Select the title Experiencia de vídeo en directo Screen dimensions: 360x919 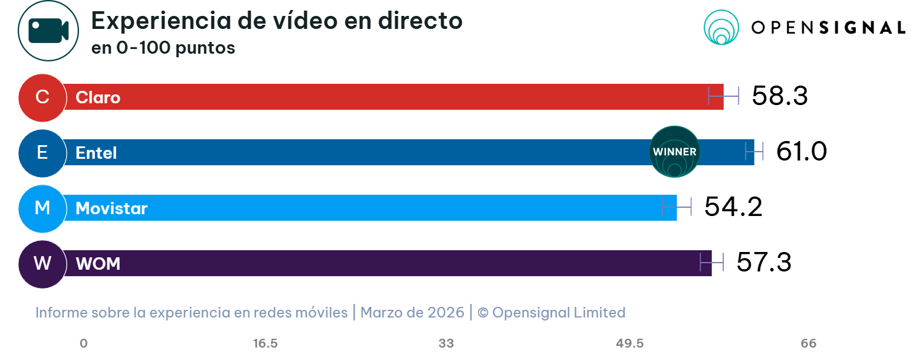(277, 21)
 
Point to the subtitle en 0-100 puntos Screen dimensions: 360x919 (163, 48)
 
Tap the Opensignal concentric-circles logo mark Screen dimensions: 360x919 (721, 28)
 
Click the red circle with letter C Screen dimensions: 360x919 (42, 97)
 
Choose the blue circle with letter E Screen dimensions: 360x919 (42, 153)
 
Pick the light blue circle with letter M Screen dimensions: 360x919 (42, 208)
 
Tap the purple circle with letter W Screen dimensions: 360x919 (42, 264)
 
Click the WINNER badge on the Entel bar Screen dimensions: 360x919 (674, 152)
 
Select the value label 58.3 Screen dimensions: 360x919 (779, 96)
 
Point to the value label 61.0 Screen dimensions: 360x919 (801, 152)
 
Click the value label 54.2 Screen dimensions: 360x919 (733, 207)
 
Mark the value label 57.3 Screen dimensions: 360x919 (763, 263)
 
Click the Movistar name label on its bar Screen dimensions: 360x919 (111, 208)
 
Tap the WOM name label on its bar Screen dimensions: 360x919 (98, 264)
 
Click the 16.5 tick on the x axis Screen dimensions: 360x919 (265, 344)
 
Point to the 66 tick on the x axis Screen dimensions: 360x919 (809, 344)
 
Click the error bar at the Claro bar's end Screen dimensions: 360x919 (723, 96)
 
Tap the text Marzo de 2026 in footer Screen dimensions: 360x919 (412, 312)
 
